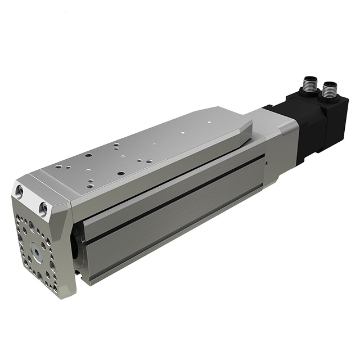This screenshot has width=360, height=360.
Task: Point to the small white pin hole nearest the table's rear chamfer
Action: point(209,120)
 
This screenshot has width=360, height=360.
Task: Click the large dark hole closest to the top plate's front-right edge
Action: point(120,173)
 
